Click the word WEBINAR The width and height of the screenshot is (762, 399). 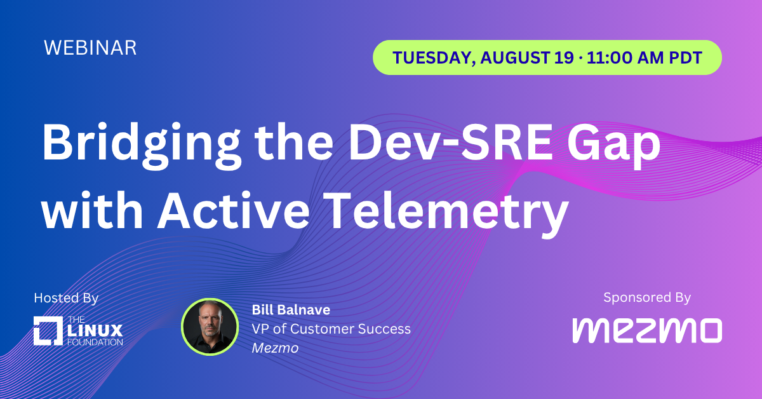(90, 48)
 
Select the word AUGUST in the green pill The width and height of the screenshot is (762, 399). (515, 57)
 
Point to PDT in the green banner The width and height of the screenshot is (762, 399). (685, 58)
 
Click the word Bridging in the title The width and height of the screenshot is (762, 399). (142, 145)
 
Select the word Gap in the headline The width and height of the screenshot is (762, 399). (613, 145)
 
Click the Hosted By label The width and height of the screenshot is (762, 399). (66, 298)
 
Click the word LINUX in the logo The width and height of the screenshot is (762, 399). (95, 330)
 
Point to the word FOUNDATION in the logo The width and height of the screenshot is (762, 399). (95, 342)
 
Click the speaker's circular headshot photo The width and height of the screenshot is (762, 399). (210, 327)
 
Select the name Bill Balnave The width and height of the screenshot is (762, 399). (291, 310)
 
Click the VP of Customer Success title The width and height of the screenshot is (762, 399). (331, 329)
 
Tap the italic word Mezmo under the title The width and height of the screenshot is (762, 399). (275, 348)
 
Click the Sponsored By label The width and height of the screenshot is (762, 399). (647, 297)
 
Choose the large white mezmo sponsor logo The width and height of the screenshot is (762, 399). (647, 330)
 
